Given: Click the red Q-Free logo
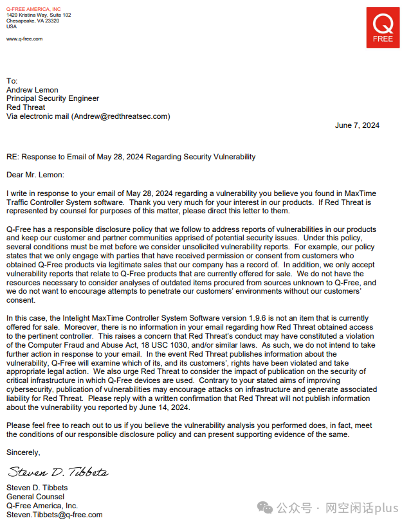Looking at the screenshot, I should click(x=383, y=28).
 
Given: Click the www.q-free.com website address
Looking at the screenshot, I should click(x=24, y=39).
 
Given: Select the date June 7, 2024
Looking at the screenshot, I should click(x=357, y=125).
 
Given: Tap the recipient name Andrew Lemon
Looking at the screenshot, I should click(x=32, y=90).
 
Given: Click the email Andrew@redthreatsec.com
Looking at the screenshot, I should click(x=120, y=116).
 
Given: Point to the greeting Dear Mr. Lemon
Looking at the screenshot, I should click(x=35, y=175).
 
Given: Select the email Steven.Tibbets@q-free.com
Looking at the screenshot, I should click(x=55, y=515).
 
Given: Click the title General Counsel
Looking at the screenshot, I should click(x=35, y=497).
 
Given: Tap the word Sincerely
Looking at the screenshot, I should click(x=23, y=452).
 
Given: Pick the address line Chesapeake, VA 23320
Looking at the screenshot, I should click(x=33, y=21).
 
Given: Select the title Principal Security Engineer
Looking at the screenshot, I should click(x=53, y=98).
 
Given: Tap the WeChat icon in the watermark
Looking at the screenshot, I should click(x=265, y=508).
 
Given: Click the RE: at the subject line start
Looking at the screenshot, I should click(x=14, y=157).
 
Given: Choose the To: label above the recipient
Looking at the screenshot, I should click(x=12, y=81).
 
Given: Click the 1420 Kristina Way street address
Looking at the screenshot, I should click(x=26, y=14).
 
